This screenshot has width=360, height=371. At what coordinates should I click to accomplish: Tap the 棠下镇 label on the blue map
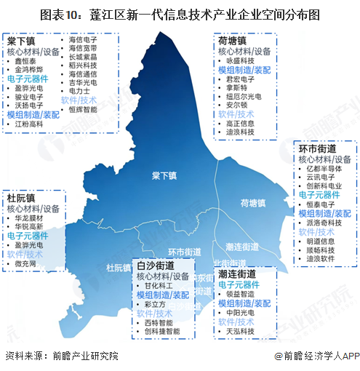(164, 175)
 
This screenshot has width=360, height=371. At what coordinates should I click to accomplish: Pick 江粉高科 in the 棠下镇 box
(31, 124)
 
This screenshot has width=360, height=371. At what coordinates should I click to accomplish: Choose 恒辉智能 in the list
(82, 110)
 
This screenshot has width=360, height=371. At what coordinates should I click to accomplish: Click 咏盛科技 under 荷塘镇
(243, 63)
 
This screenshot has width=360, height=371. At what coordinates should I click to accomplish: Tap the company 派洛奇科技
(326, 220)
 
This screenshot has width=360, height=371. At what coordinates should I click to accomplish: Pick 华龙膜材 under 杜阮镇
(31, 217)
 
